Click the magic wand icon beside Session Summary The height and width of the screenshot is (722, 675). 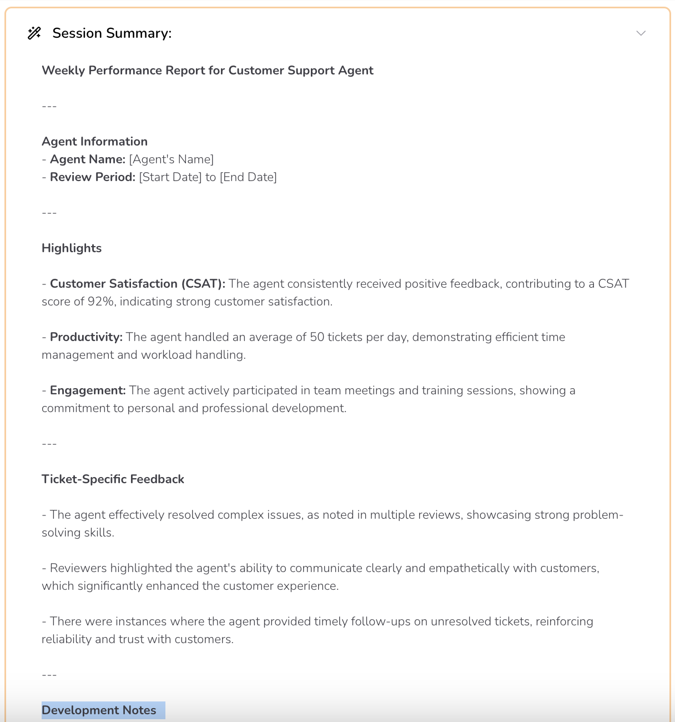pos(34,33)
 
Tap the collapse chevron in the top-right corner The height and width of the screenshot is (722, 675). pos(641,33)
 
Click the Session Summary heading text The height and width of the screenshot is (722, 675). pos(112,33)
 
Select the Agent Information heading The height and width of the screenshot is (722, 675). pos(94,142)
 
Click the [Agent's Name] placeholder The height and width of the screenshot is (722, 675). pos(171,159)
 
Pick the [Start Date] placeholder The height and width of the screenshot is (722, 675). pos(170,177)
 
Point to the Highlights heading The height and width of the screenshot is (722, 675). pos(72,248)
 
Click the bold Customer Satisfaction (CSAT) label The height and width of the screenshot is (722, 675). pos(137,284)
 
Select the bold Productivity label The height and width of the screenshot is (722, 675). pos(86,337)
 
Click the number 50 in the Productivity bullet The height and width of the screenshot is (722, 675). pos(317,337)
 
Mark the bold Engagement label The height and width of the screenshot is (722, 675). pos(88,390)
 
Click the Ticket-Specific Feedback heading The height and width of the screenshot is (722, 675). pos(113,479)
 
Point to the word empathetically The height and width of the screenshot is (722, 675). pos(469,568)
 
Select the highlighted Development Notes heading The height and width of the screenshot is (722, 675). pos(99,710)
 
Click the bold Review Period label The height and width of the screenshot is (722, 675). pos(92,177)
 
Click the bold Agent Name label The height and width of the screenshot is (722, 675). pos(87,159)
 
